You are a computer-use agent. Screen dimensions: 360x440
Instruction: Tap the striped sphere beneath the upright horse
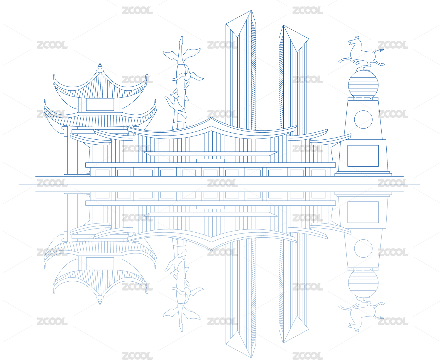[x=363, y=84]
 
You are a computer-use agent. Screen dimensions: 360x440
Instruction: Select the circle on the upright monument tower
[x=363, y=119]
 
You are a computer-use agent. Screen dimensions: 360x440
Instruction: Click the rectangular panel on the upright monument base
[x=363, y=156]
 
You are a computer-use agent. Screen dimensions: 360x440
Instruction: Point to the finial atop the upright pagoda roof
[x=100, y=68]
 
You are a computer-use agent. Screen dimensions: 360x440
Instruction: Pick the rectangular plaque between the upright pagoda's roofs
[x=100, y=104]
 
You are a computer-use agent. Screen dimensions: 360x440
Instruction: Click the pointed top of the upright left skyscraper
[x=251, y=12]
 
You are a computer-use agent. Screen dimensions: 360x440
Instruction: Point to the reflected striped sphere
[x=363, y=283]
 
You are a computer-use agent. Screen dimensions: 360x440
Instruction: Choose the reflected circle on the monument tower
[x=363, y=248]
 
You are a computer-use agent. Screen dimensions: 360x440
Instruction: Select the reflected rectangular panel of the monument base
[x=363, y=212]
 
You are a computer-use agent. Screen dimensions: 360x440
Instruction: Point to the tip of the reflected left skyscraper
[x=251, y=356]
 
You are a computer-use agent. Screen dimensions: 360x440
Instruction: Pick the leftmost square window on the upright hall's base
[x=102, y=173]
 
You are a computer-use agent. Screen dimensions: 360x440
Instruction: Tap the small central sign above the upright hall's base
[x=210, y=160]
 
